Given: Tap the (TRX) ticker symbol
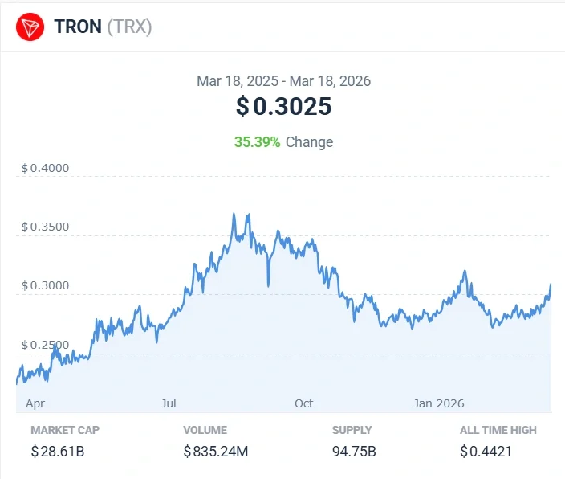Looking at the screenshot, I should pos(129,27).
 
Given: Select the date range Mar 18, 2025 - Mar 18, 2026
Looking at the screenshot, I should pos(283,81).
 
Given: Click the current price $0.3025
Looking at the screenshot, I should pos(283,107).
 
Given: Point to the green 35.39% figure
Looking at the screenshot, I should pos(257,142).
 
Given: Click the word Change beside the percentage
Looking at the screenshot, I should pos(309,142).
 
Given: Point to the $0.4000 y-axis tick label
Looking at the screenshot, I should pos(45,168).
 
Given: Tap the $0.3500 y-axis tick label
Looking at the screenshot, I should pos(45,227).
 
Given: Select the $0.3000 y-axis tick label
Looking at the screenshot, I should pos(45,286).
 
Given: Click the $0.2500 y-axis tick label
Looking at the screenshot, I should pos(45,345).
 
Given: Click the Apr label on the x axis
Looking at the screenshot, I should pos(35,403).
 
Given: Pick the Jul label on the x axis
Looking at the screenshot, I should pos(169,403).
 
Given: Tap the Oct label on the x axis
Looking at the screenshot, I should pos(303,403).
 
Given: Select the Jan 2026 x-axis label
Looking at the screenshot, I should pos(438,403).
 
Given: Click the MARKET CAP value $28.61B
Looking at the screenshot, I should pos(58,452).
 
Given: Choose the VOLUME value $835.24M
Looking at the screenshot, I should pos(216,452).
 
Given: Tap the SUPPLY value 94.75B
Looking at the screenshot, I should pos(354,452).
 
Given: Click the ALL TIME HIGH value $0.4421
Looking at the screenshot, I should pos(487,452).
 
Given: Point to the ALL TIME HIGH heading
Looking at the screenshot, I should pos(498,430).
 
